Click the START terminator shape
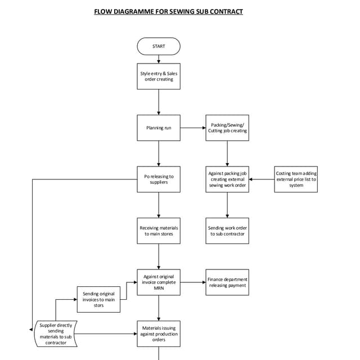point(159,46)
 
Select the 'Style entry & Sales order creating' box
point(159,76)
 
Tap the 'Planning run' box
point(159,128)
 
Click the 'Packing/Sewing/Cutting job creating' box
point(227,128)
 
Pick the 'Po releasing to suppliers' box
point(159,179)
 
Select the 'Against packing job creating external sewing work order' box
point(227,179)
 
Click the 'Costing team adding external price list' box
point(296,179)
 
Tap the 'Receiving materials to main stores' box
point(159,231)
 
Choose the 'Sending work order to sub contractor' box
point(227,231)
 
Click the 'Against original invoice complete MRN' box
point(159,282)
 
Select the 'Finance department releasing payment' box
point(227,282)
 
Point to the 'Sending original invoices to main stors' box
point(98,299)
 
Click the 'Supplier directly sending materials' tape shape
point(56,334)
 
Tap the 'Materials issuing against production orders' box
point(159,334)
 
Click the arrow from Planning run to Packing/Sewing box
point(193,128)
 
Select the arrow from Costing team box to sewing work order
point(262,179)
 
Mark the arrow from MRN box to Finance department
point(193,282)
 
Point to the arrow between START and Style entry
point(159,59)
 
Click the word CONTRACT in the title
point(224,11)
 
